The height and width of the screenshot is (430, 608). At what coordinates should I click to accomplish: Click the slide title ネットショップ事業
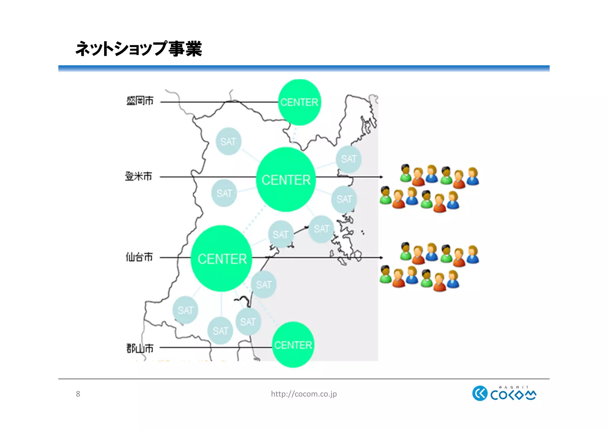pyautogui.click(x=139, y=49)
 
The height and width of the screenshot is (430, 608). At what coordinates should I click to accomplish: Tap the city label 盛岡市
pyautogui.click(x=140, y=101)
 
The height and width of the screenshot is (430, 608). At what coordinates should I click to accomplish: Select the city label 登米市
pyautogui.click(x=138, y=177)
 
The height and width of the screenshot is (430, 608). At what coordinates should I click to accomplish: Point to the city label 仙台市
pyautogui.click(x=139, y=257)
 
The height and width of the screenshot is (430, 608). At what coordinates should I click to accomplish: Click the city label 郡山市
pyautogui.click(x=140, y=348)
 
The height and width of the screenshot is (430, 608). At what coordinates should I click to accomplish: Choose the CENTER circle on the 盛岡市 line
pyautogui.click(x=299, y=102)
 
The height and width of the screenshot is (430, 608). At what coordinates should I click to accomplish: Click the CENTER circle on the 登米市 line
pyautogui.click(x=286, y=179)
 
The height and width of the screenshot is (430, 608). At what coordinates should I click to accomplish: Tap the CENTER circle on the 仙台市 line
pyautogui.click(x=222, y=259)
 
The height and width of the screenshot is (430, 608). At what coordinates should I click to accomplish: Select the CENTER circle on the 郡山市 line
pyautogui.click(x=293, y=345)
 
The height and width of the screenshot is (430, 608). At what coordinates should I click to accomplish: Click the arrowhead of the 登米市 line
pyautogui.click(x=381, y=177)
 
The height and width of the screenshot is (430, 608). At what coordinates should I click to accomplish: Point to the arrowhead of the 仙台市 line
pyautogui.click(x=381, y=258)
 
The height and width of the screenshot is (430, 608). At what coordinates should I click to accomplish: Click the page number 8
pyautogui.click(x=78, y=394)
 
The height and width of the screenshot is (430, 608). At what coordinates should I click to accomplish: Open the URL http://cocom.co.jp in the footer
pyautogui.click(x=304, y=394)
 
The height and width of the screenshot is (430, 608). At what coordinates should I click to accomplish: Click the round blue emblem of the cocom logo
pyautogui.click(x=480, y=393)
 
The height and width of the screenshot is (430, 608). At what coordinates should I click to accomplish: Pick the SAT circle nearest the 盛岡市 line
pyautogui.click(x=228, y=141)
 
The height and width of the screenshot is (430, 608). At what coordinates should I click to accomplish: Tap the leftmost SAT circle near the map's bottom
pyautogui.click(x=186, y=310)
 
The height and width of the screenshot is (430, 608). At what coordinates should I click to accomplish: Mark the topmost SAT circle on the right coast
pyautogui.click(x=349, y=159)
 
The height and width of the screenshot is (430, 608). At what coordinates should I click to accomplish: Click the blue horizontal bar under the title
pyautogui.click(x=304, y=68)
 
